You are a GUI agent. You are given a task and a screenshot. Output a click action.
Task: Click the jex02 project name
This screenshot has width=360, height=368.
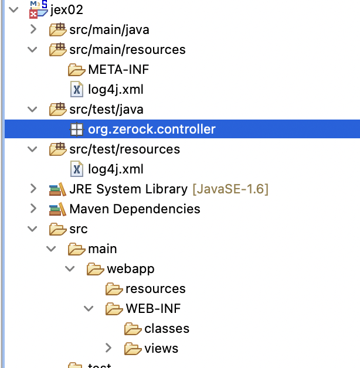click(x=67, y=10)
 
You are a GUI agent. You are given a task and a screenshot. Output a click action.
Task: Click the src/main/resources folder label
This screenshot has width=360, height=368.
click(x=127, y=50)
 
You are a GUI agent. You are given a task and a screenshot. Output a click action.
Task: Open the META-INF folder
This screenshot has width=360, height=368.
click(x=118, y=70)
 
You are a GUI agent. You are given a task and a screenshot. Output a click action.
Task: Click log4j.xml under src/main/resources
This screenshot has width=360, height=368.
click(x=116, y=90)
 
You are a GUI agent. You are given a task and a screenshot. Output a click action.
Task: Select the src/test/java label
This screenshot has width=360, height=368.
click(x=106, y=110)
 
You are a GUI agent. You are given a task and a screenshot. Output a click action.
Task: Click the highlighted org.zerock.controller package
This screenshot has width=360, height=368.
click(x=152, y=130)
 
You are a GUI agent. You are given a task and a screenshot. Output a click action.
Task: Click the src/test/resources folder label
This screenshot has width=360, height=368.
click(x=124, y=149)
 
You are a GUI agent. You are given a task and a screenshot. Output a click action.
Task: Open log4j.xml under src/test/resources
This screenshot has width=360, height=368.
click(x=116, y=169)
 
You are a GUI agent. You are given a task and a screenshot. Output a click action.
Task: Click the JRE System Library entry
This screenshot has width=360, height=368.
click(x=128, y=189)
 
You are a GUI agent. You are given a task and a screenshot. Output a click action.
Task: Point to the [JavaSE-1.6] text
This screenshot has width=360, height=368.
click(x=230, y=189)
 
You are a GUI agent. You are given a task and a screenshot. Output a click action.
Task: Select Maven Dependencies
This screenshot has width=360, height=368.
click(x=134, y=209)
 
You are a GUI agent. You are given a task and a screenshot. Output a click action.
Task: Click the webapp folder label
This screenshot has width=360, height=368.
click(x=131, y=269)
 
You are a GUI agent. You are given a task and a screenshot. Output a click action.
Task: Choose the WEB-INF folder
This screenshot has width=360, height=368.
click(x=149, y=309)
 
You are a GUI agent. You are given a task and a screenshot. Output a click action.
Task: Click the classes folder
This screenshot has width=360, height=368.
click(x=167, y=329)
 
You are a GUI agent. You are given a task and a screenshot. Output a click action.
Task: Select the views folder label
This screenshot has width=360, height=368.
click(x=161, y=349)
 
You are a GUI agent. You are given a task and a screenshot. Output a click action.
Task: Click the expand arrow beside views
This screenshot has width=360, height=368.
click(x=108, y=349)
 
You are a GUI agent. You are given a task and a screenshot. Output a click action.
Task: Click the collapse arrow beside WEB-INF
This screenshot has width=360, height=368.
click(x=89, y=309)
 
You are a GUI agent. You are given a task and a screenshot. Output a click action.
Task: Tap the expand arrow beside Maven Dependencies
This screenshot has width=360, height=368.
click(x=33, y=209)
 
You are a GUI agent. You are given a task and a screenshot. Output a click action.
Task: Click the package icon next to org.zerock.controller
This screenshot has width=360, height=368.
click(x=76, y=130)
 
